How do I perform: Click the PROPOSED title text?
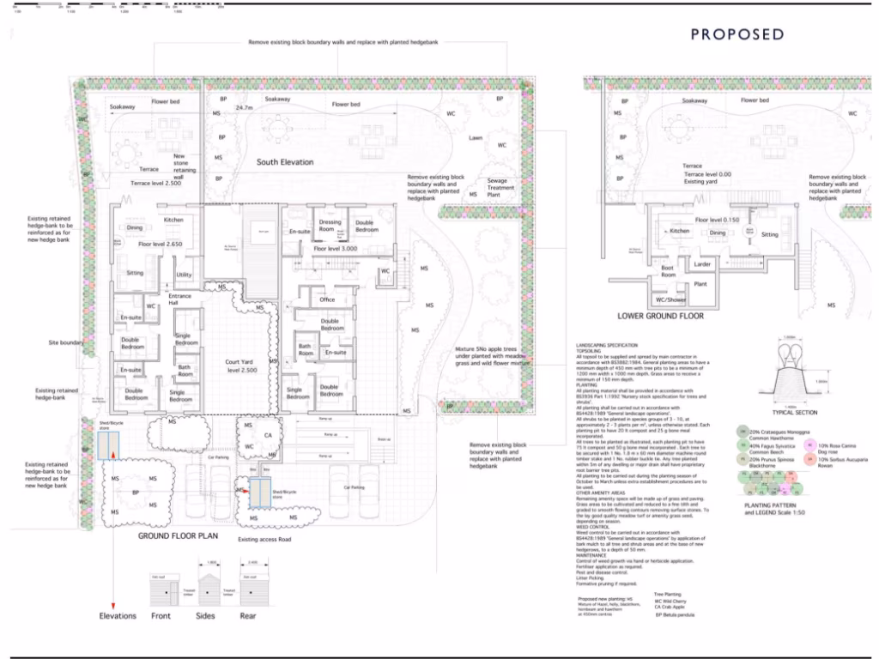pyautogui.click(x=737, y=34)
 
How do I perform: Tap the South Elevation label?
pyautogui.click(x=285, y=162)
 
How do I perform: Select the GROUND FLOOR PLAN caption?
pyautogui.click(x=179, y=535)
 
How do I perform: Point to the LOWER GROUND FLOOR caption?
pyautogui.click(x=661, y=316)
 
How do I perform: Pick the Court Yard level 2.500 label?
pyautogui.click(x=237, y=367)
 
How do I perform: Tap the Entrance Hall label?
pyautogui.click(x=180, y=300)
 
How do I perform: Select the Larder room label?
pyautogui.click(x=702, y=264)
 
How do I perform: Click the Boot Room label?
pyautogui.click(x=667, y=272)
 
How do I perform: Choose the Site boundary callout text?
pyautogui.click(x=66, y=342)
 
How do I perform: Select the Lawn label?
pyautogui.click(x=476, y=137)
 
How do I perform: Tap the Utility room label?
pyautogui.click(x=184, y=275)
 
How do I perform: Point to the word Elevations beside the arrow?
pyautogui.click(x=118, y=615)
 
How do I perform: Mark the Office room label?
pyautogui.click(x=326, y=299)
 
